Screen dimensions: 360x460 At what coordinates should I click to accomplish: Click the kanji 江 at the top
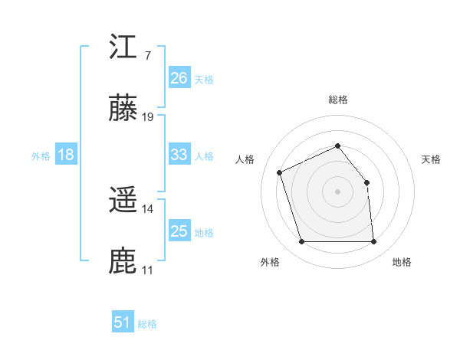pyautogui.click(x=123, y=47)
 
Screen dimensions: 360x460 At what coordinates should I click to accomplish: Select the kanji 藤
pyautogui.click(x=123, y=110)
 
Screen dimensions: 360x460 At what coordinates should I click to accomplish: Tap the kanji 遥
pyautogui.click(x=123, y=201)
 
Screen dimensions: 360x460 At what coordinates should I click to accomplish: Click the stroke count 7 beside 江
pyautogui.click(x=147, y=56)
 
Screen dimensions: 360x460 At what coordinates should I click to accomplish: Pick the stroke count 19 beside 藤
pyautogui.click(x=148, y=117)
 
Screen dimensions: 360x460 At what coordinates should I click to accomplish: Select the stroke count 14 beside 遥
pyautogui.click(x=148, y=208)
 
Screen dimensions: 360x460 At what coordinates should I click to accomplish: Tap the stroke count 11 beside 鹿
pyautogui.click(x=148, y=270)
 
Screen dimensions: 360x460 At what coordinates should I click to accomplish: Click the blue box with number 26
pyautogui.click(x=179, y=77)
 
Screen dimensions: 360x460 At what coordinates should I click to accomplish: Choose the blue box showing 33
pyautogui.click(x=179, y=155)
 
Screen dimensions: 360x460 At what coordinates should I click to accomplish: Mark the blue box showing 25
pyautogui.click(x=179, y=231)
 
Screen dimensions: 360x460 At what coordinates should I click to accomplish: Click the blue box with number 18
pyautogui.click(x=66, y=155)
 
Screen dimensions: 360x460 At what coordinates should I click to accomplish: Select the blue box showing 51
pyautogui.click(x=123, y=322)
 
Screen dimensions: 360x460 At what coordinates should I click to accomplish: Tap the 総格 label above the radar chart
pyautogui.click(x=338, y=100)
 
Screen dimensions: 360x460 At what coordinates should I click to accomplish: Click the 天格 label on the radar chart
pyautogui.click(x=432, y=159)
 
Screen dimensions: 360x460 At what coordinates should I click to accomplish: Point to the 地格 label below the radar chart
pyautogui.click(x=402, y=262)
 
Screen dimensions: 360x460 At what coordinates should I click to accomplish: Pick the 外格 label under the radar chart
pyautogui.click(x=270, y=262)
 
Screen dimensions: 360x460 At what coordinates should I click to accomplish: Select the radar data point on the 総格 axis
pyautogui.click(x=338, y=146)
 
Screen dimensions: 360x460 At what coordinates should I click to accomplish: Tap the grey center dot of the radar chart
pyautogui.click(x=338, y=191)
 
